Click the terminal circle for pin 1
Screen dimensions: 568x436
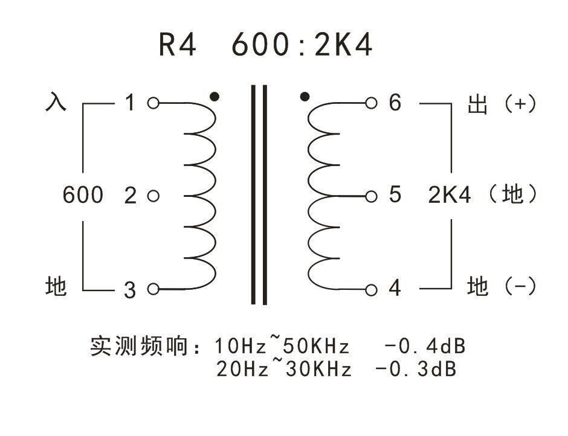point(153,103)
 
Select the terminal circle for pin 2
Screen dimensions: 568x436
point(153,196)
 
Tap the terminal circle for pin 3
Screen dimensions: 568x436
point(153,289)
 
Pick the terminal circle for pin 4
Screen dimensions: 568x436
point(371,290)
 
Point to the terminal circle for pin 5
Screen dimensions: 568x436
point(371,197)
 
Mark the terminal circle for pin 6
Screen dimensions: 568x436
point(371,103)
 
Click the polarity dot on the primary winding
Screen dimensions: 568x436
point(215,97)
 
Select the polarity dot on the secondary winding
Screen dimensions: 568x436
point(305,97)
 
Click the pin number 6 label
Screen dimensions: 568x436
point(395,102)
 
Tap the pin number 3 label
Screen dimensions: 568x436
point(130,290)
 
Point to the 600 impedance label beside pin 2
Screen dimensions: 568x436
point(83,195)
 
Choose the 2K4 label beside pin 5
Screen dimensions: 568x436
point(450,195)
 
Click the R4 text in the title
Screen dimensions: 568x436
point(178,45)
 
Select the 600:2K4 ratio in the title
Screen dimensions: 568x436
point(302,45)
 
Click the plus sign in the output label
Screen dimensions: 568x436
point(520,104)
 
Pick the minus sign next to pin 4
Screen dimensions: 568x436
point(520,286)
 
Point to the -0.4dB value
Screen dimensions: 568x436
point(425,346)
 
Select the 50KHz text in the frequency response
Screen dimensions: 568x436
point(316,346)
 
